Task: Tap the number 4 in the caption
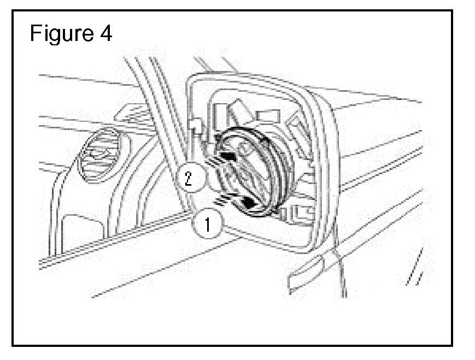[105, 34]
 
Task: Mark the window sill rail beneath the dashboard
[109, 246]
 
